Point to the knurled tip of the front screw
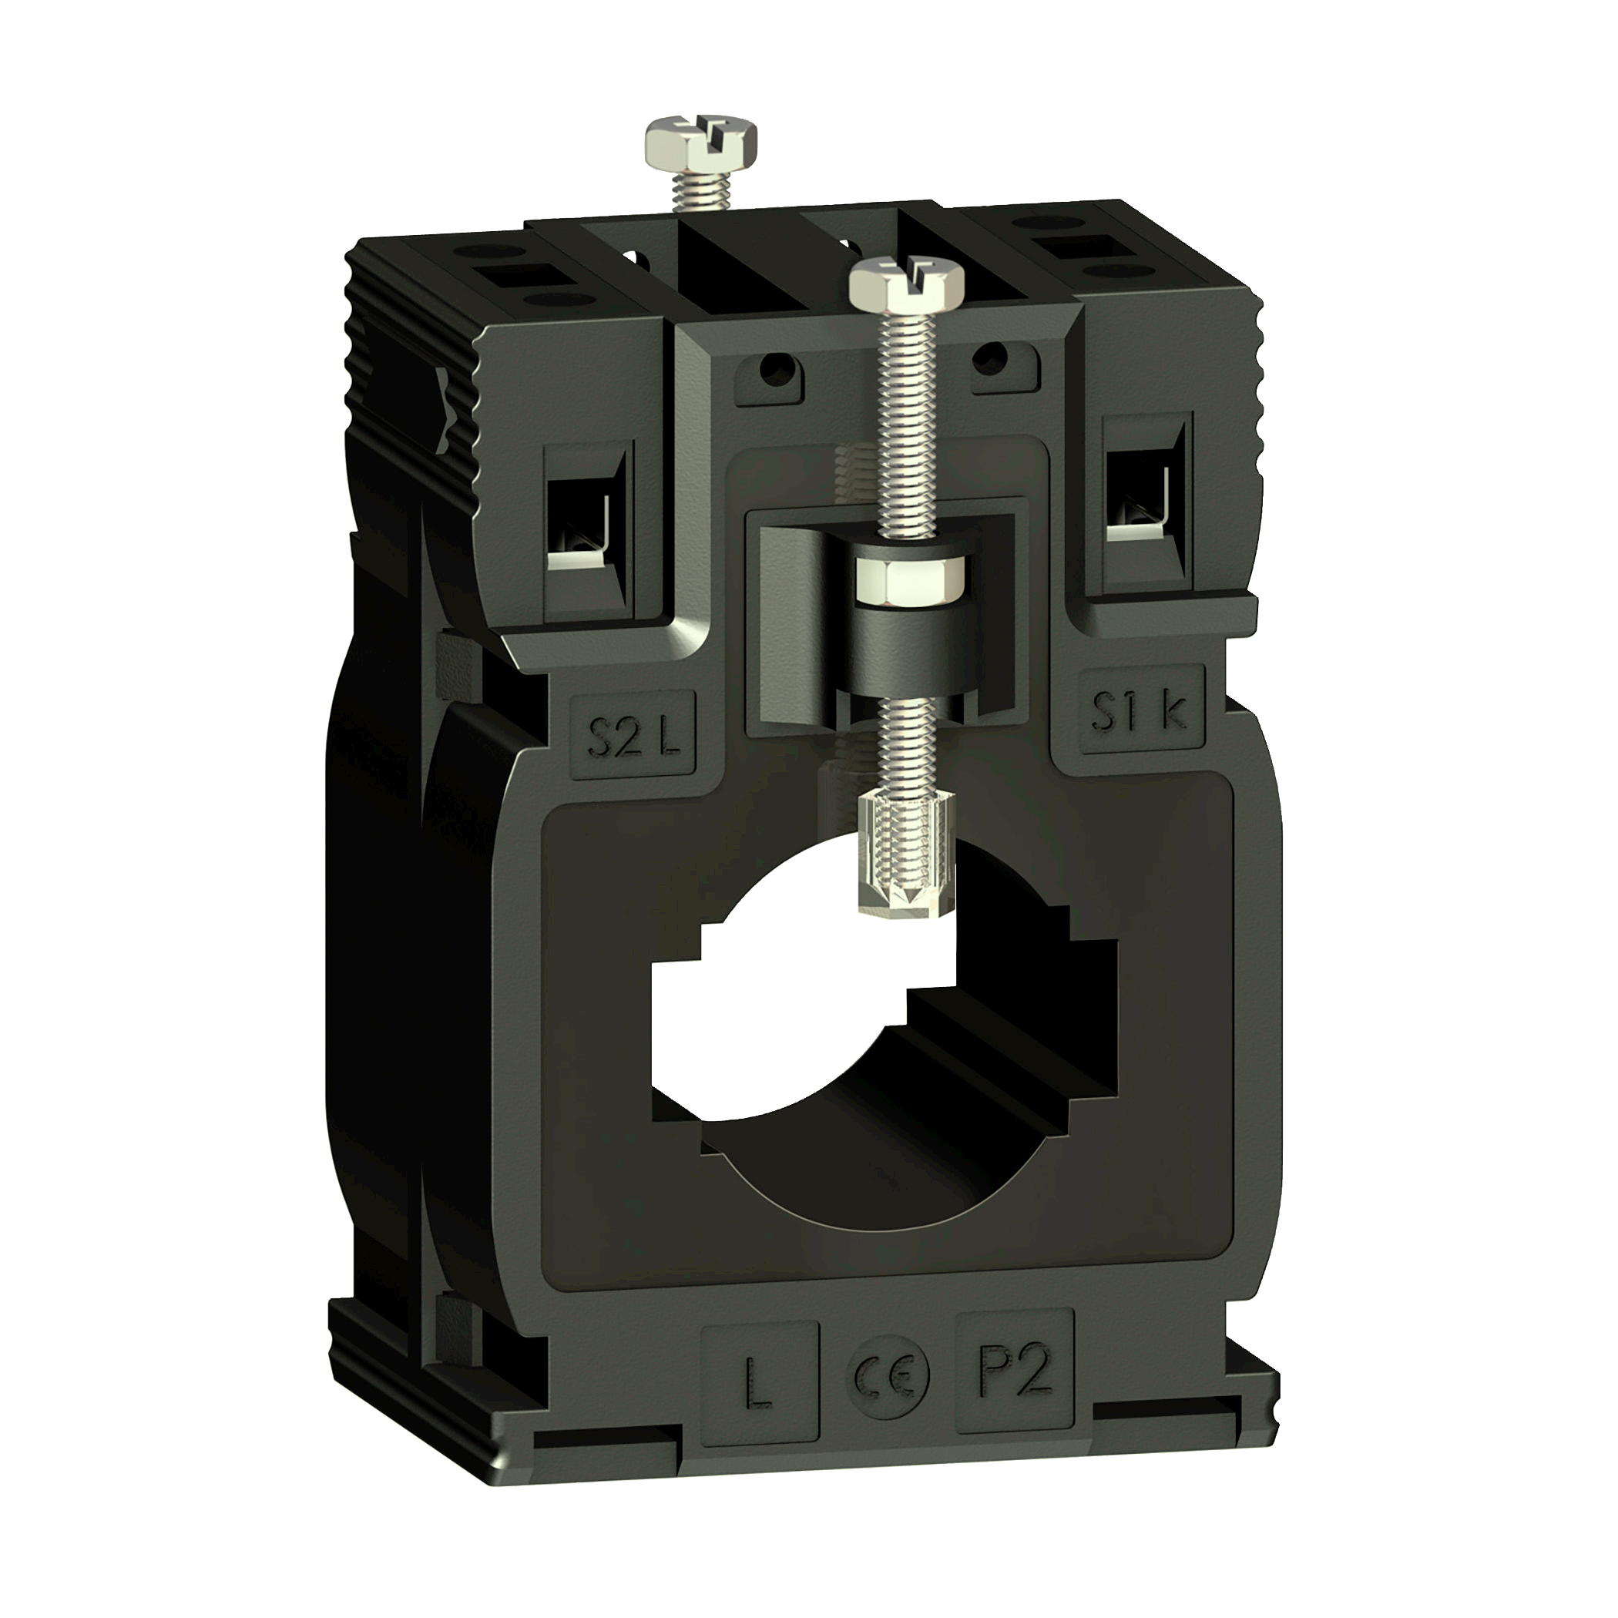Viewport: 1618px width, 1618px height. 907,854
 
